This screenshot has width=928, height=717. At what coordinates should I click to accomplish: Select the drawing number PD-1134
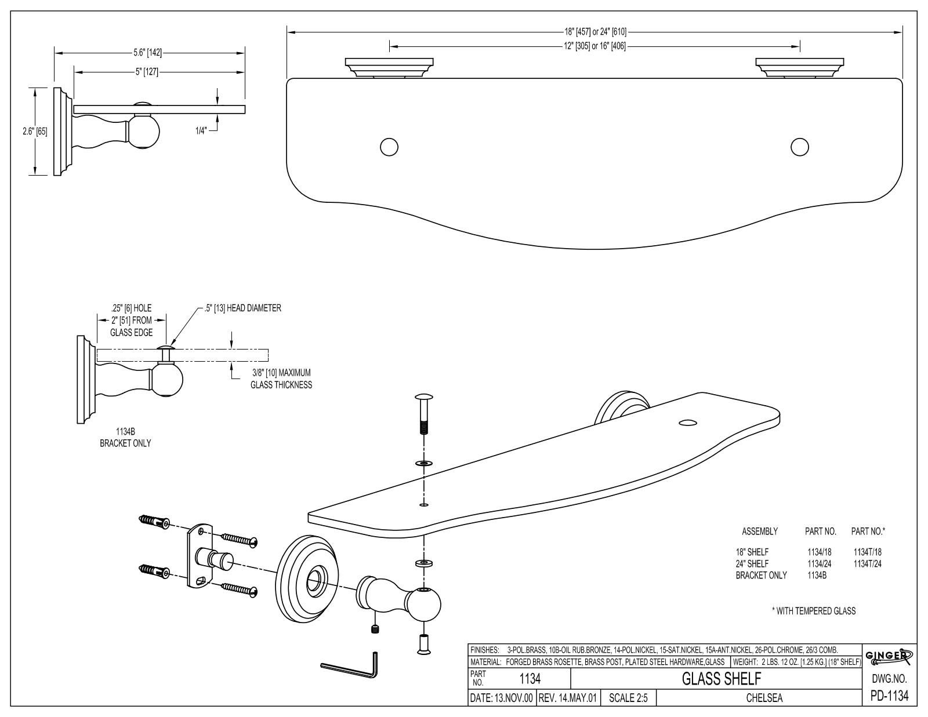tap(889, 696)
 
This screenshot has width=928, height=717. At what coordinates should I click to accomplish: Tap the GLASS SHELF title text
tap(722, 679)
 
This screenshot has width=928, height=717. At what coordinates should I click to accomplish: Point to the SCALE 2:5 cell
tap(628, 698)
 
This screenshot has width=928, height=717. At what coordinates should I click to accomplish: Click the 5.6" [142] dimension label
tap(148, 53)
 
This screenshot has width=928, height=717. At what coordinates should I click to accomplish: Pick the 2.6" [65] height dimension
tap(35, 132)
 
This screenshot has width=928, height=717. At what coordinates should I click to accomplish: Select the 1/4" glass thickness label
tap(201, 130)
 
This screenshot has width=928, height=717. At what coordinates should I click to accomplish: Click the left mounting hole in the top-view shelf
tap(389, 147)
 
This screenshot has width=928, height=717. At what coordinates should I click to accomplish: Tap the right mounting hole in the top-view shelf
tap(799, 147)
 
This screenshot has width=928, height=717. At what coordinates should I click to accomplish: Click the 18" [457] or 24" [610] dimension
tap(595, 31)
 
